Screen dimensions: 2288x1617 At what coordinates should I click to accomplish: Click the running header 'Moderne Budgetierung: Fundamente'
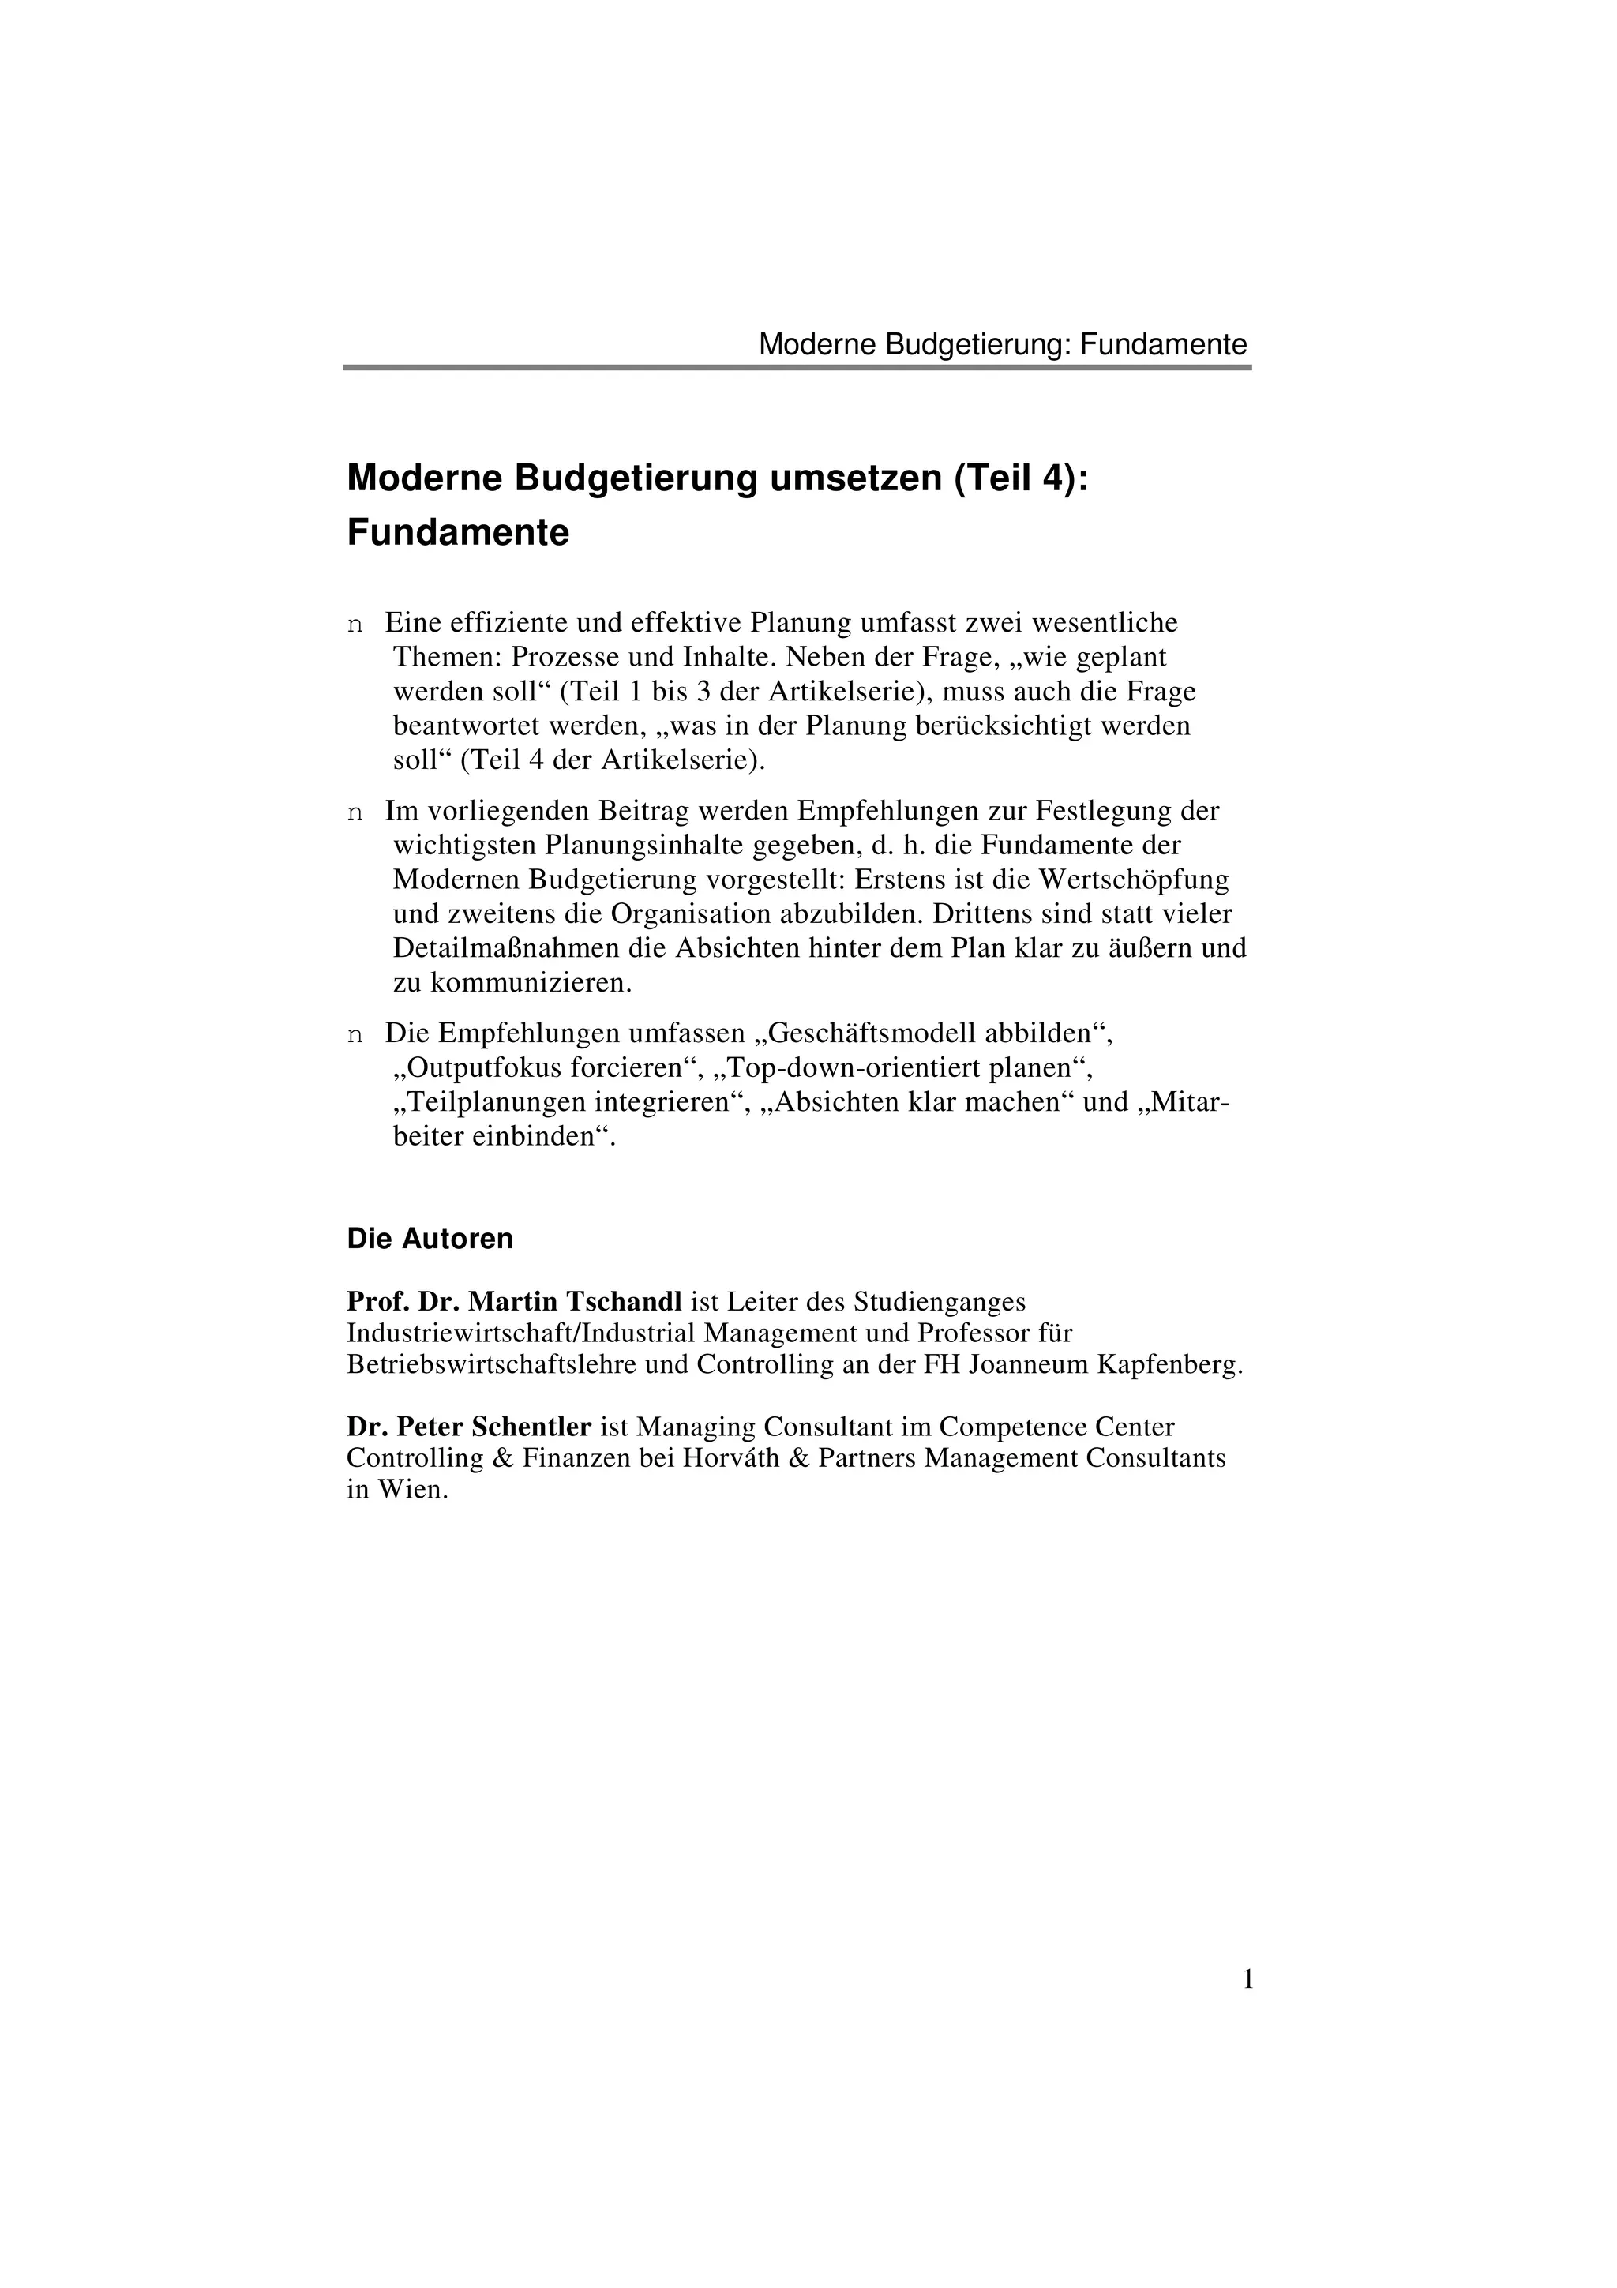(x=1002, y=345)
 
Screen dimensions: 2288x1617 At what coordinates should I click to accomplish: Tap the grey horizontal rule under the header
(x=797, y=368)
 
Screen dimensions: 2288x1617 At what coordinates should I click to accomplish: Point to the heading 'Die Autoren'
(x=430, y=1239)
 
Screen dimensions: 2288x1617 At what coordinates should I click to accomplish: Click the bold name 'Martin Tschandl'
(x=575, y=1301)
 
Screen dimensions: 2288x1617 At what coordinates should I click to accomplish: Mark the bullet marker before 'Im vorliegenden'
(x=355, y=813)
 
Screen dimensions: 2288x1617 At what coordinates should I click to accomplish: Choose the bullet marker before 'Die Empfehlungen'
(x=355, y=1035)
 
